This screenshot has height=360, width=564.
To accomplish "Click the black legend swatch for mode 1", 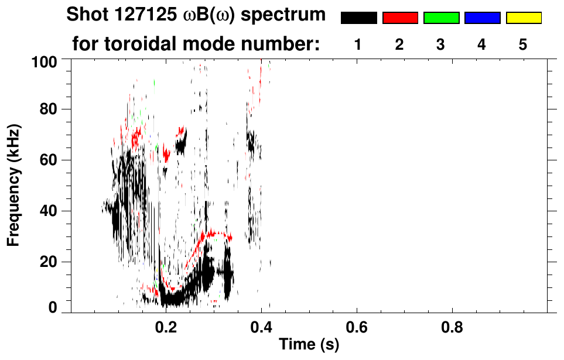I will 358,18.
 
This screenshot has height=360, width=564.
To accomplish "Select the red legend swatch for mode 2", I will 400,18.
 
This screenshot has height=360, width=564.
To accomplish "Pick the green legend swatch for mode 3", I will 441,18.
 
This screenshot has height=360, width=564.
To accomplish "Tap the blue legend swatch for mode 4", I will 482,18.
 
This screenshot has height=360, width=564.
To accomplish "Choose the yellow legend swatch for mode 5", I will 523,18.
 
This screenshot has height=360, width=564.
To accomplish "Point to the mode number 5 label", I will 523,45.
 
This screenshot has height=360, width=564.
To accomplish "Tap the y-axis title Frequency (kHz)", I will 14,185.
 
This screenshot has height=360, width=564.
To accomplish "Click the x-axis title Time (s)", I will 309,345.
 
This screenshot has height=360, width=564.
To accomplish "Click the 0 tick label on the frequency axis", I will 57,307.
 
